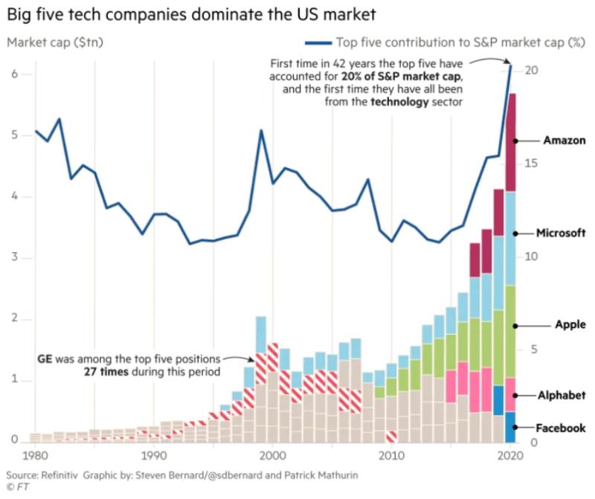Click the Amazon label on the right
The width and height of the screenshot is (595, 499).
(565, 140)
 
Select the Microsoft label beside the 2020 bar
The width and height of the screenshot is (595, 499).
(561, 233)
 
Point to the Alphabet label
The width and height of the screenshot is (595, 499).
(563, 395)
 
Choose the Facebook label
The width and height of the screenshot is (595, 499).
(561, 428)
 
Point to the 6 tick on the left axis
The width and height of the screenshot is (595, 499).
(14, 74)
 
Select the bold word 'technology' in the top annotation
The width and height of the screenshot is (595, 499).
(397, 102)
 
